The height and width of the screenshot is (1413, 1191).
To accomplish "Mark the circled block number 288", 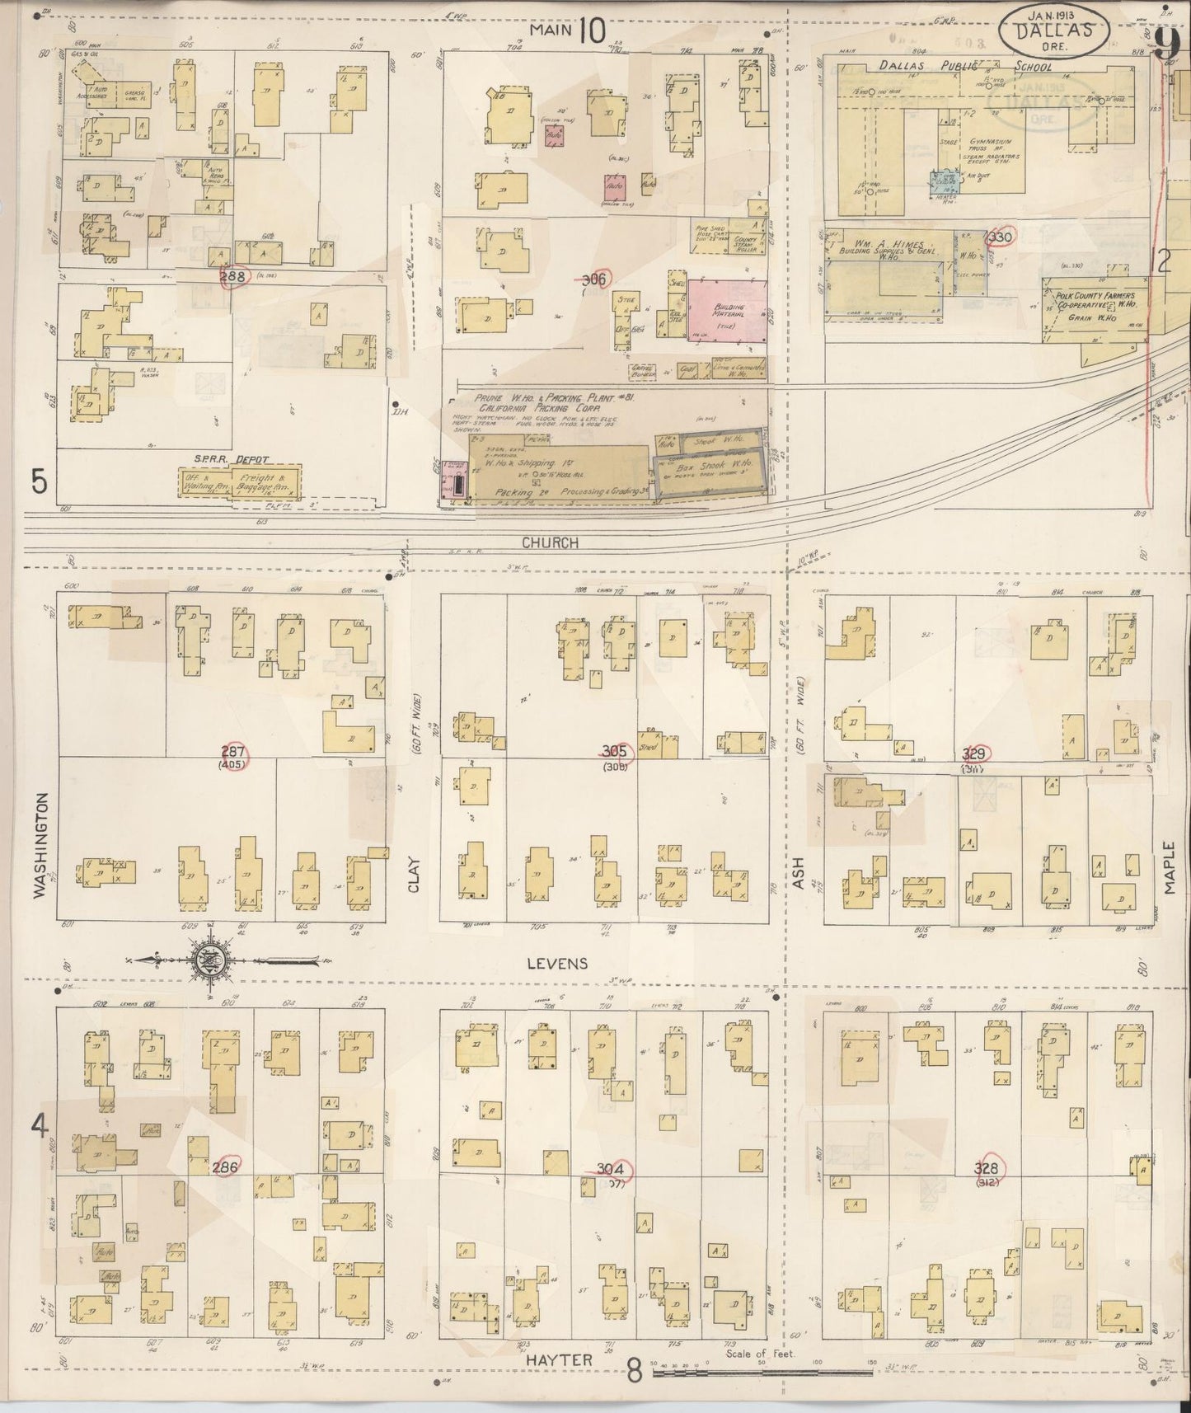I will pyautogui.click(x=234, y=278).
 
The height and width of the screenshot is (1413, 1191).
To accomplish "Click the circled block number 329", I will pyautogui.click(x=977, y=753).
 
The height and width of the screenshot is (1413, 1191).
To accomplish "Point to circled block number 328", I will pyautogui.click(x=987, y=1167).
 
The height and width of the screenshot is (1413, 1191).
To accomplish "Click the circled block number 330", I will pyautogui.click(x=1001, y=237).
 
